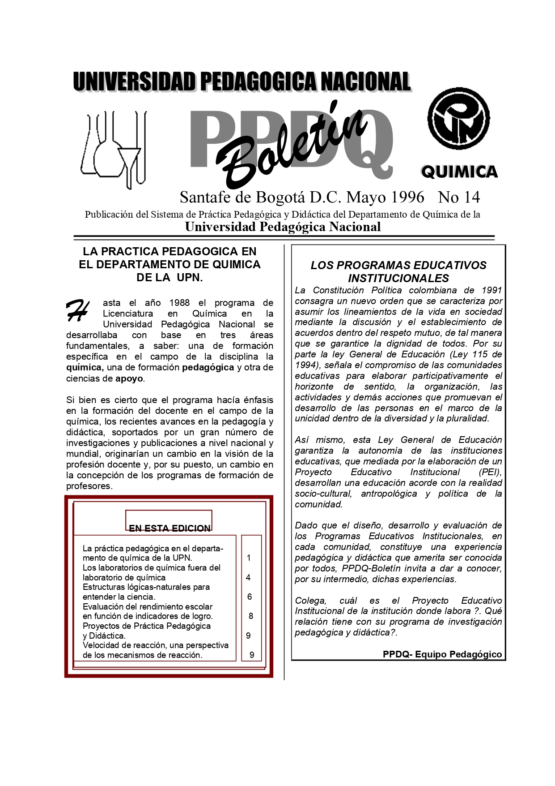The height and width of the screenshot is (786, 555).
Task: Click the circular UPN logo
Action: click(x=458, y=119)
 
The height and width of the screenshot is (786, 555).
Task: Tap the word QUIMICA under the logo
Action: click(x=459, y=172)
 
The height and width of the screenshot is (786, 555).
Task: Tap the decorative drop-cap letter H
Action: click(x=77, y=310)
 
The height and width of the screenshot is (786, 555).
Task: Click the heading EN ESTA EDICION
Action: click(x=169, y=528)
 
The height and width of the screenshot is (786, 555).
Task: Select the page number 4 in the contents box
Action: click(x=248, y=577)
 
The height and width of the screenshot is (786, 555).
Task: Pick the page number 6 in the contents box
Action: click(x=250, y=597)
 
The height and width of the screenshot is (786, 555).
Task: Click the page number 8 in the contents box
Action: click(x=251, y=616)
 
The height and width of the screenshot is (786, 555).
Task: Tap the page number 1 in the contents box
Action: click(x=249, y=558)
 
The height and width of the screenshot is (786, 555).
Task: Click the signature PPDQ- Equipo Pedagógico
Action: click(x=442, y=654)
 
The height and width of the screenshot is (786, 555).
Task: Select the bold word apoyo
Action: click(x=129, y=378)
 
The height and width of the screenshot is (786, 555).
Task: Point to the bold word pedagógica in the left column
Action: click(x=208, y=367)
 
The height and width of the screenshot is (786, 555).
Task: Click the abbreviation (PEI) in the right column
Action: click(x=490, y=472)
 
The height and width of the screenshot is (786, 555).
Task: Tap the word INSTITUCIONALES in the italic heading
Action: click(x=398, y=278)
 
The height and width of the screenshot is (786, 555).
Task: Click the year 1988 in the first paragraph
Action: click(x=179, y=303)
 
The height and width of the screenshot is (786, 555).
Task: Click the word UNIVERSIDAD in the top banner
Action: click(x=134, y=82)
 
